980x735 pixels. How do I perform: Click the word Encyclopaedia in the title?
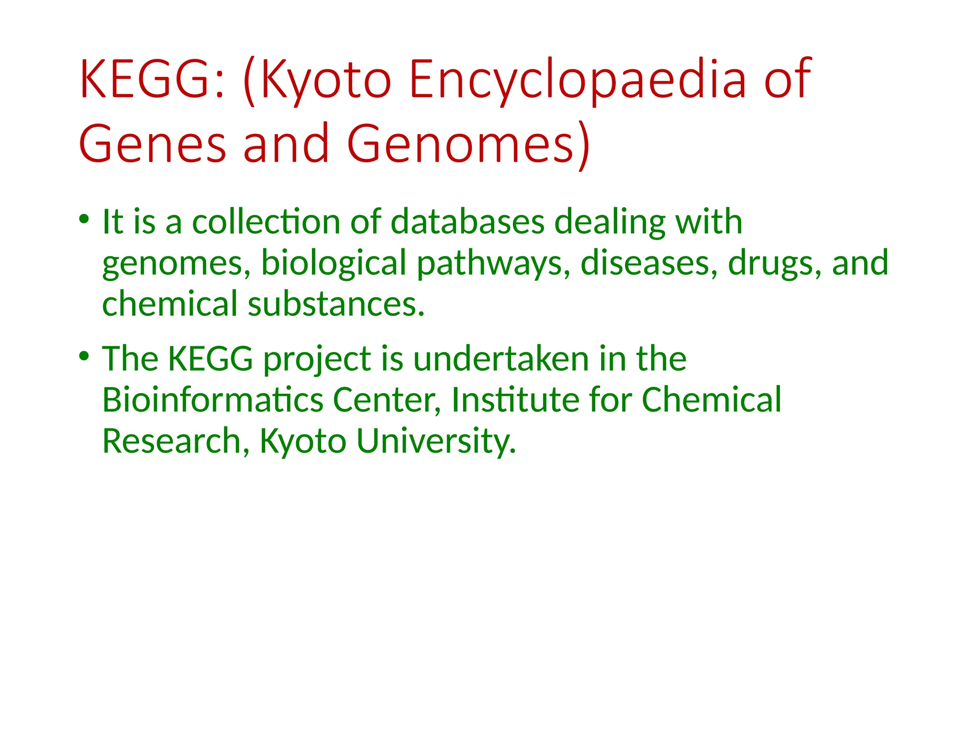[577, 79]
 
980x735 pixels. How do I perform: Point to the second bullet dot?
[84, 356]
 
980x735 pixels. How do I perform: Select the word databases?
[468, 222]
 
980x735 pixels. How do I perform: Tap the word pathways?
[493, 264]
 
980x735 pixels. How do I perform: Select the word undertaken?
[501, 359]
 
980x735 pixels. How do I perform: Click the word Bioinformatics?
[212, 400]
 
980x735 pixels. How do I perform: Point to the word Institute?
[515, 400]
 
